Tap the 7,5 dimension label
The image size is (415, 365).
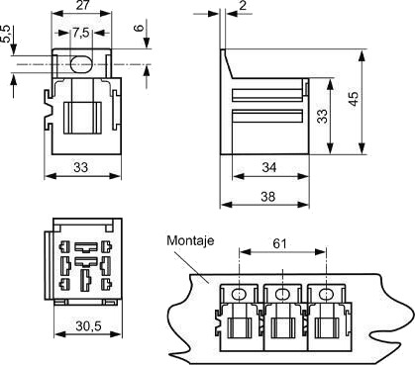[x=81, y=33]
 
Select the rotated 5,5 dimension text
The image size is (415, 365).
[x=7, y=34]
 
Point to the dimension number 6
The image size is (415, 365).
[x=141, y=28]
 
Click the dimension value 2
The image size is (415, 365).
[x=243, y=6]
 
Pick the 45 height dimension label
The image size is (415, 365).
[x=353, y=99]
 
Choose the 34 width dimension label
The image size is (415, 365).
[x=269, y=168]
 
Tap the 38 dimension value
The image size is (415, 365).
[x=267, y=197]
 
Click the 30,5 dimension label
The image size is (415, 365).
[x=88, y=326]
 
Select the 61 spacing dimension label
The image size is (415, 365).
[x=280, y=243]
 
